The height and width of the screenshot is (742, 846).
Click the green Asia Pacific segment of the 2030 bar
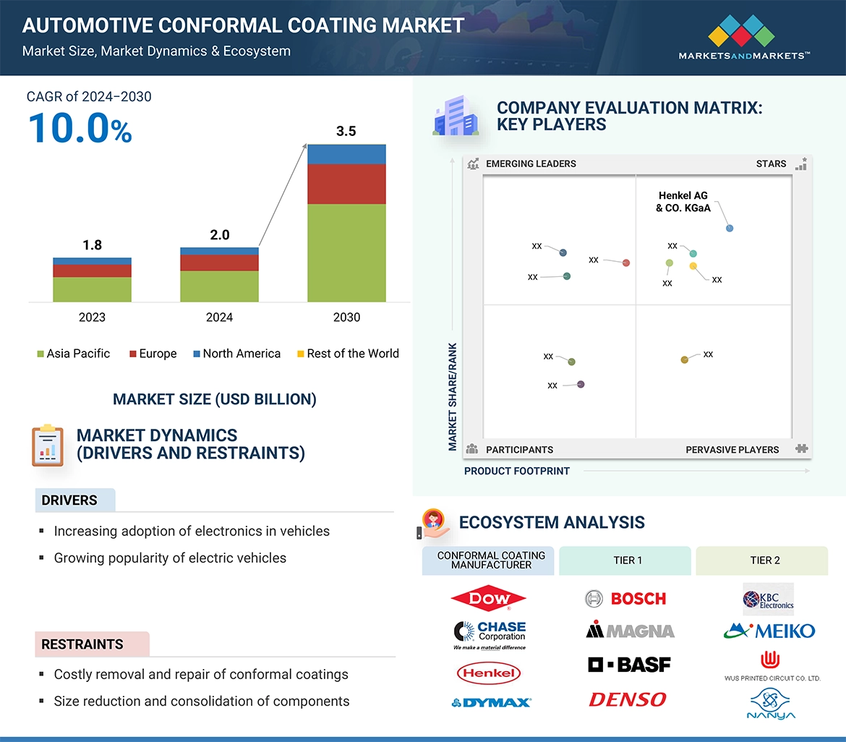[x=346, y=252]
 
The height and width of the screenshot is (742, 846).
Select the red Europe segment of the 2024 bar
[x=219, y=263]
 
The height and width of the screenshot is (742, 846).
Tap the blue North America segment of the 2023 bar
[x=92, y=261]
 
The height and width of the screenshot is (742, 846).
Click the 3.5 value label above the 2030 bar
[x=346, y=132]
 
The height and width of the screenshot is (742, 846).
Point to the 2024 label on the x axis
[x=219, y=317]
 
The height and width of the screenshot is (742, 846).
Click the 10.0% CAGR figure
[x=80, y=128]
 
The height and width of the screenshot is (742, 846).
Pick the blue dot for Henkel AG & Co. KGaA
[x=730, y=229]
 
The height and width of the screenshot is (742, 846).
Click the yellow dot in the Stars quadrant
[x=693, y=266]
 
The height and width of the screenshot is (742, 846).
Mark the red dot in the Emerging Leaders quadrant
[x=626, y=263]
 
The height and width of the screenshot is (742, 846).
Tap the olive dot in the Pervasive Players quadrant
[x=685, y=359]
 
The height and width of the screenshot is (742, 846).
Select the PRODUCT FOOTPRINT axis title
[x=517, y=471]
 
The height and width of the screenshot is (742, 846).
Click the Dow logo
[x=488, y=598]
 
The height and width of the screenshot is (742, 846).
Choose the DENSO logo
[x=627, y=699]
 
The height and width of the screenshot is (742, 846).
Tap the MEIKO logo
[x=769, y=631]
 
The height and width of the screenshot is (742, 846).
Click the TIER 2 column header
[x=765, y=560]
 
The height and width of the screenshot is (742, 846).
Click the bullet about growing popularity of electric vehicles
[x=170, y=558]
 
